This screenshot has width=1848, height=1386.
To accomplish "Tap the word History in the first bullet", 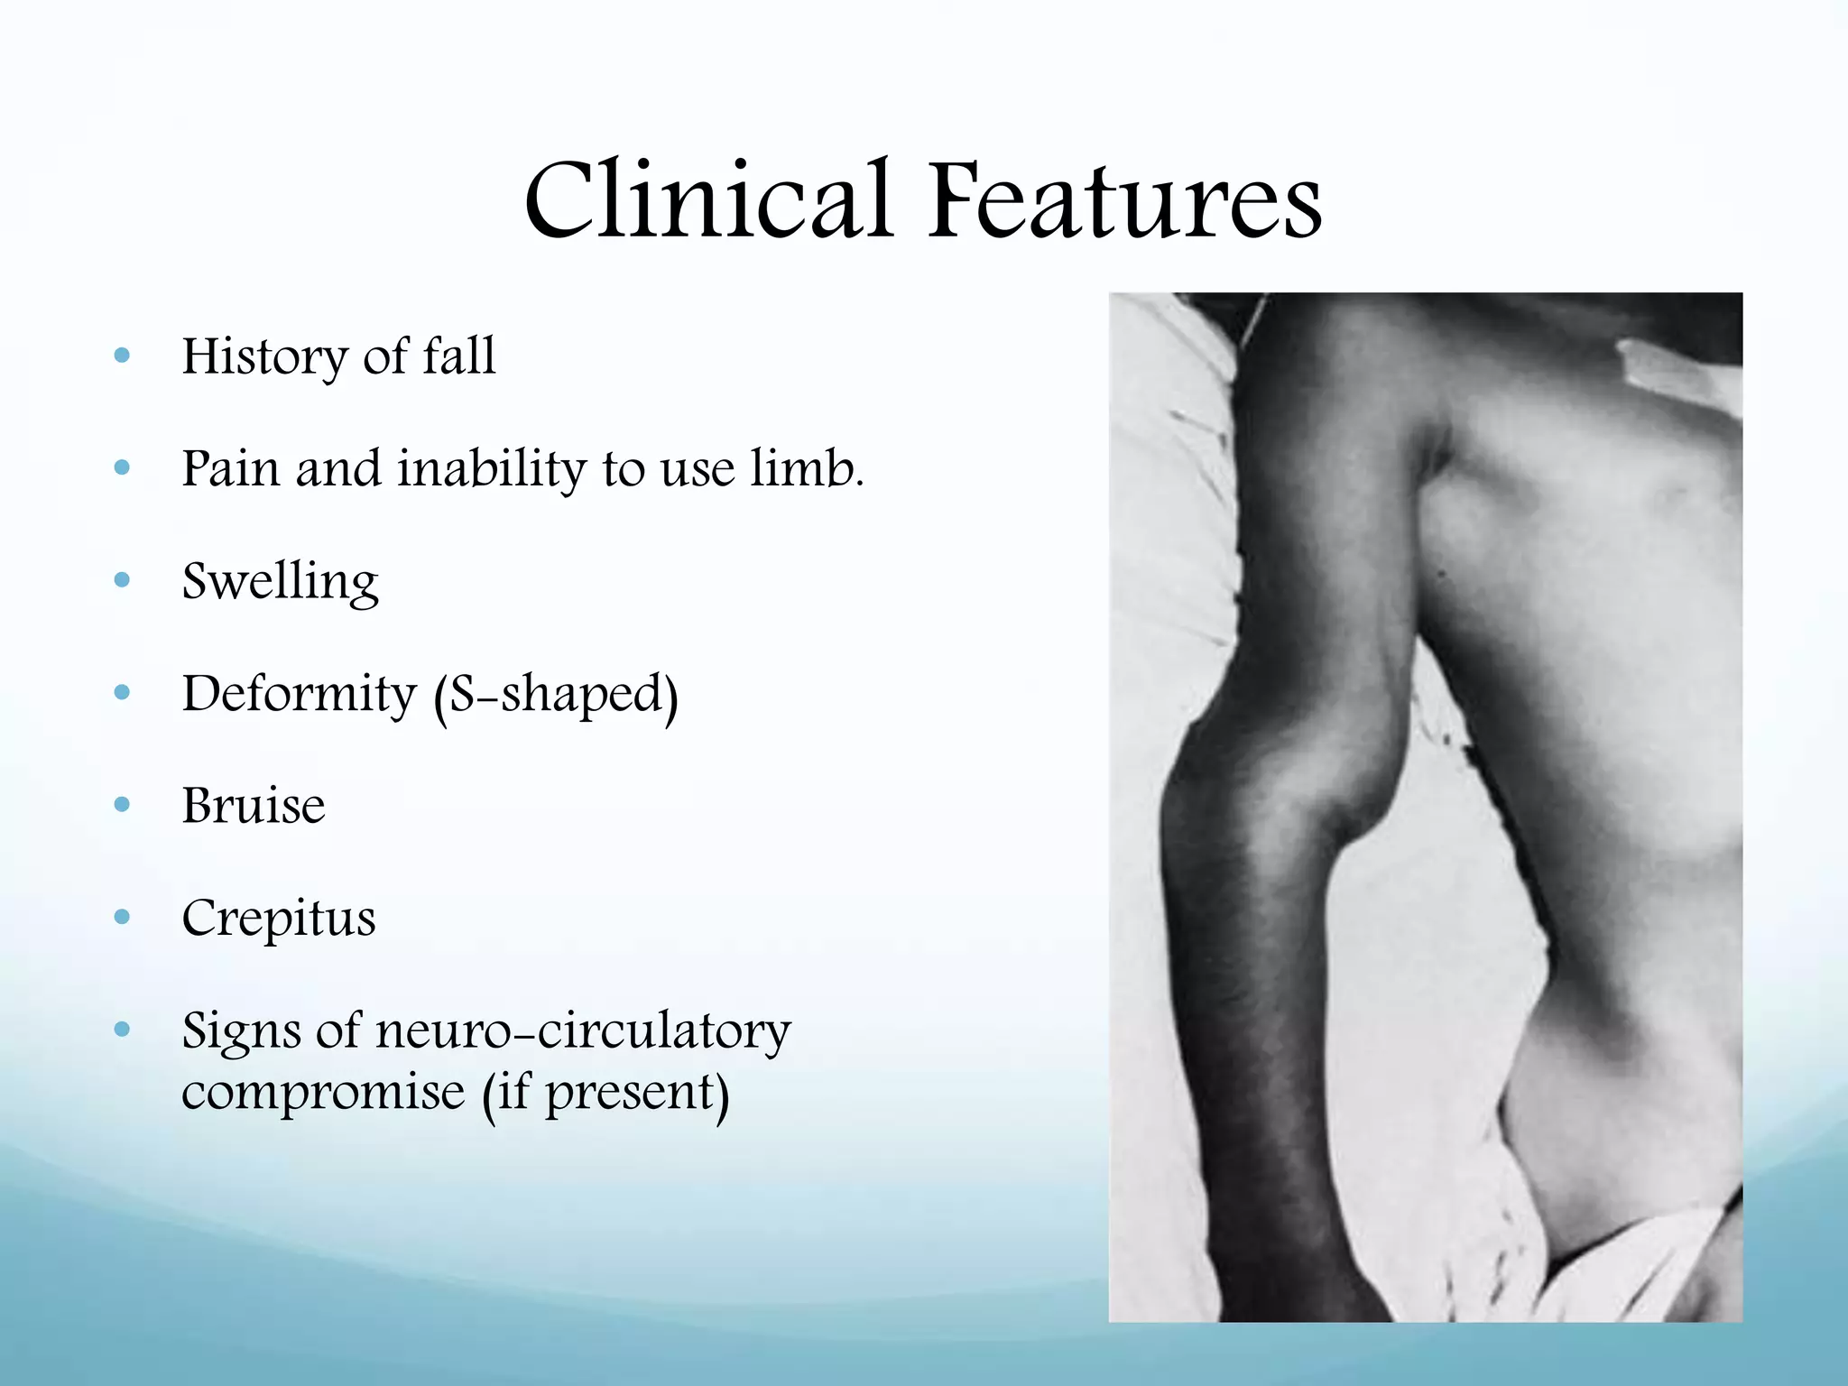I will tap(263, 356).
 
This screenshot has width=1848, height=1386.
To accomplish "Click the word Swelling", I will tap(280, 582).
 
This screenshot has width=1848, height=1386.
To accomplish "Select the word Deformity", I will tap(299, 695).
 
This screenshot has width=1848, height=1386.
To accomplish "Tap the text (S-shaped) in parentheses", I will tap(556, 695).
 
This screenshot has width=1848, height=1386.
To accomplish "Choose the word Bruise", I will tap(254, 805).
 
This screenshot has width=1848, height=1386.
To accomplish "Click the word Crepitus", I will tap(279, 919).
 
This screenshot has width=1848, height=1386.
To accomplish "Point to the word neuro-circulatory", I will tap(583, 1030).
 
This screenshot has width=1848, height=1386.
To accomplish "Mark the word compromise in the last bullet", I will tap(323, 1092).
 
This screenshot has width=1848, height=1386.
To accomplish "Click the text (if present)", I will tap(605, 1092).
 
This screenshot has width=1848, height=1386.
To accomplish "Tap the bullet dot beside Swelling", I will tap(123, 580).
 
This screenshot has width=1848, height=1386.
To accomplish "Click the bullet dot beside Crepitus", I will tap(123, 918).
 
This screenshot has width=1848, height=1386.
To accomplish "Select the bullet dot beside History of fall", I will tap(123, 356).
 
